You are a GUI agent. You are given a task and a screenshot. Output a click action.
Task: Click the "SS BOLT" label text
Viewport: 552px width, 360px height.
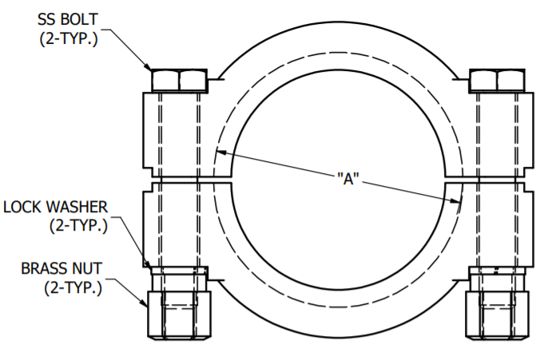69,18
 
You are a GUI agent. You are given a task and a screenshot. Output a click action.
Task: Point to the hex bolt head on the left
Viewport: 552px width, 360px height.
180,80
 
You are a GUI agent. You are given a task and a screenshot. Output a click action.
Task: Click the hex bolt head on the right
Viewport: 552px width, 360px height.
497,80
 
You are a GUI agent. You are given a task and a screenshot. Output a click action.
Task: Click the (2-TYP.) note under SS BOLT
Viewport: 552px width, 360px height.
69,38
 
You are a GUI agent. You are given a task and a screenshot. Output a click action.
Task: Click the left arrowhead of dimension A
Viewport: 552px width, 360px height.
220,152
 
